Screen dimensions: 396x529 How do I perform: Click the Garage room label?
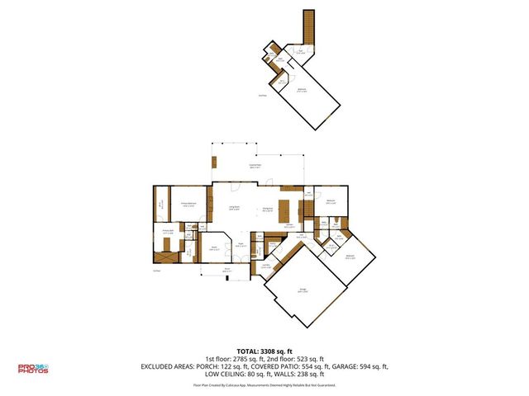pyautogui.click(x=303, y=290)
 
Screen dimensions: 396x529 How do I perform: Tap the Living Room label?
pyautogui.click(x=234, y=208)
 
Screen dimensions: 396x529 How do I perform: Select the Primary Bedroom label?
pyautogui.click(x=188, y=205)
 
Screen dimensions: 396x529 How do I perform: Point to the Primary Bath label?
pyautogui.click(x=167, y=233)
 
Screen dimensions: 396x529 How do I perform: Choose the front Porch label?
pyautogui.click(x=226, y=269)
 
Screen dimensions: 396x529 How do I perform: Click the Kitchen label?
pyautogui.click(x=290, y=225)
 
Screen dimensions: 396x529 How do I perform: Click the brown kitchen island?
pyautogui.click(x=286, y=206)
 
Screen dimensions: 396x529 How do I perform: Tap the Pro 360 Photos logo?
pyautogui.click(x=33, y=369)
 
